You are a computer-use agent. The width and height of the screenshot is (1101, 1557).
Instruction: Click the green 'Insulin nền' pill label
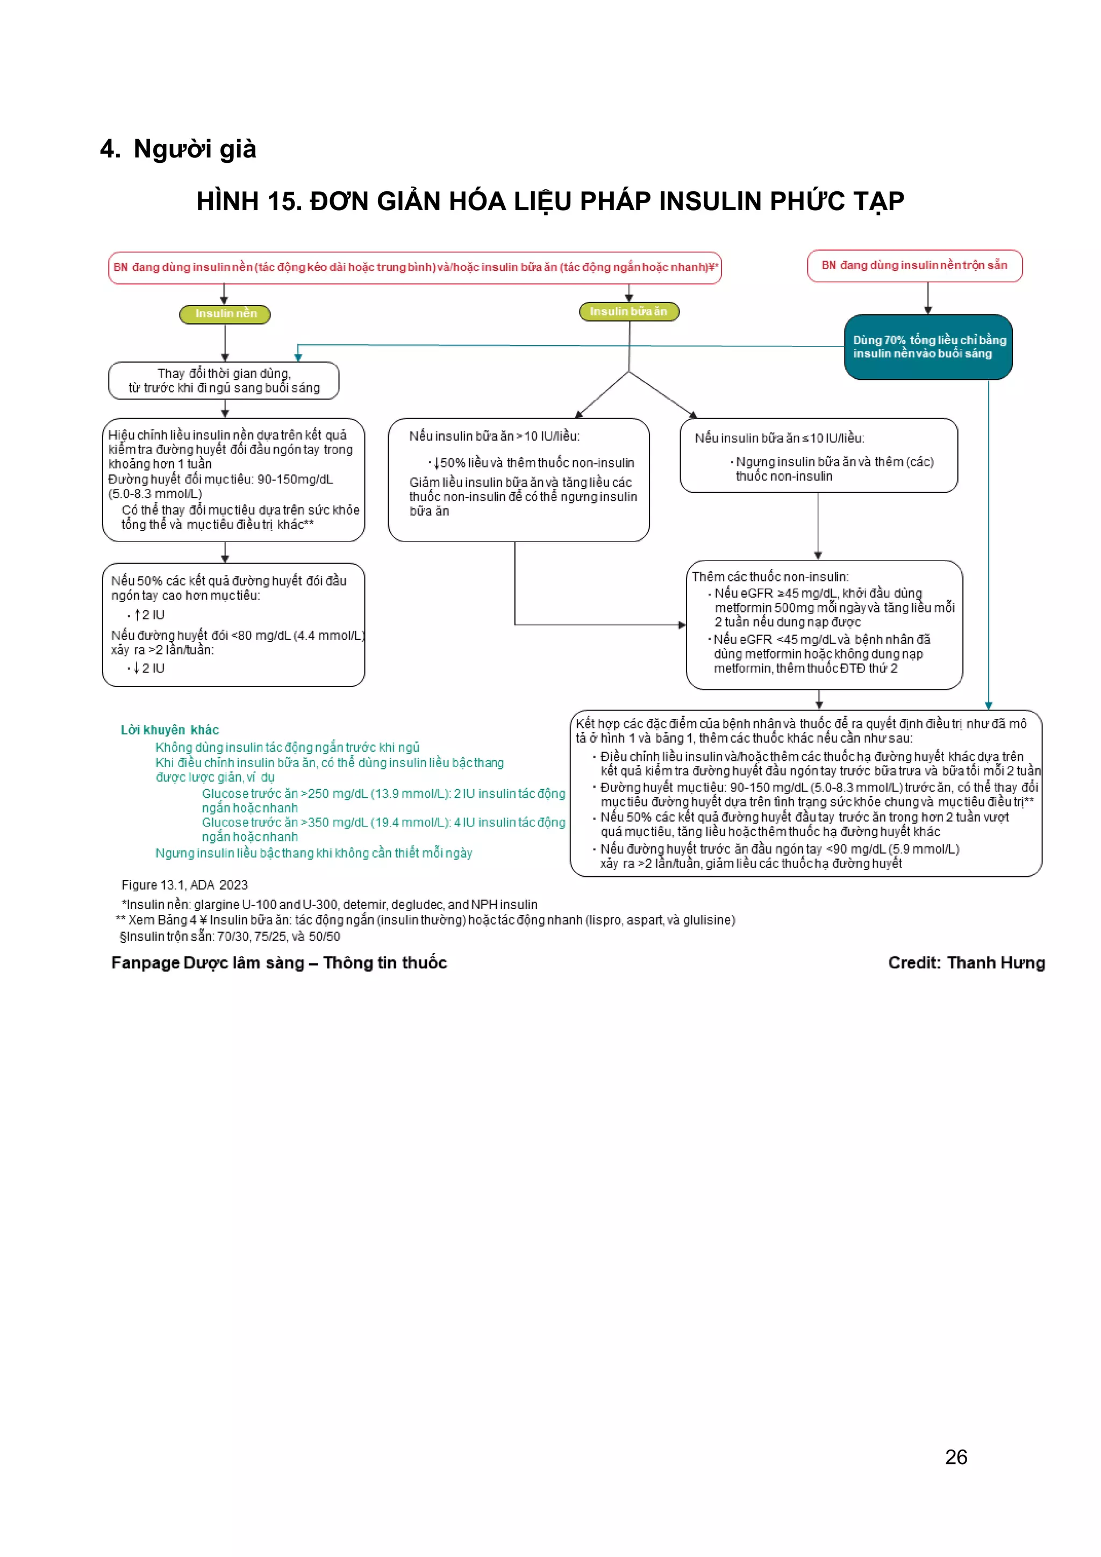tap(225, 314)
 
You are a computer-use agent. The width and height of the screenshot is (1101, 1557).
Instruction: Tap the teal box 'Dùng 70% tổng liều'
tap(928, 347)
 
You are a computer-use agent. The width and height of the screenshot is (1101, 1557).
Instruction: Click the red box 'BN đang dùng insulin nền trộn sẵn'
tap(914, 266)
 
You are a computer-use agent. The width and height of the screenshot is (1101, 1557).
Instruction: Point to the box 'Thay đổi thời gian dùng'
tap(224, 380)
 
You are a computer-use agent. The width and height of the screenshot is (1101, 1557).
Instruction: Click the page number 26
tap(956, 1457)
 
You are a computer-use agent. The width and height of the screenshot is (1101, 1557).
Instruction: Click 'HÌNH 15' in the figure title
tap(248, 201)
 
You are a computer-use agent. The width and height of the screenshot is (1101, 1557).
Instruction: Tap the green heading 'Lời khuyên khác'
tap(169, 730)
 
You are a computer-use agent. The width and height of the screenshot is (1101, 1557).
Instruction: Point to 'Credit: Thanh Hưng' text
tap(966, 962)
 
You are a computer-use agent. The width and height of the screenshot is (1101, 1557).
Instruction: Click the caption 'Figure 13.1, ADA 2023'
tap(184, 885)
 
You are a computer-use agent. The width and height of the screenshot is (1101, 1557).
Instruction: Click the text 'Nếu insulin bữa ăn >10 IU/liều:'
tap(494, 437)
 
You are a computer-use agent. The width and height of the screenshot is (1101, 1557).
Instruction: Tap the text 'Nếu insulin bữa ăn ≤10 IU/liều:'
tap(779, 438)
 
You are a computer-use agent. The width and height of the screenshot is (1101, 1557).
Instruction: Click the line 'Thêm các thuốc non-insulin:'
tap(770, 577)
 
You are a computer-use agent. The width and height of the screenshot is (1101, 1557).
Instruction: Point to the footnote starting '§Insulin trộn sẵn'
tap(230, 936)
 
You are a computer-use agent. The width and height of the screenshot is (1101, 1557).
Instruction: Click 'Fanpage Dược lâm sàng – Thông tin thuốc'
tap(279, 962)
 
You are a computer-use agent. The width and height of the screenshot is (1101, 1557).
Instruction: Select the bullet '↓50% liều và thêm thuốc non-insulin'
tap(533, 463)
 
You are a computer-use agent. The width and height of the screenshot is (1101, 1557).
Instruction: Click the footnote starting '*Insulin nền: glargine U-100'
tap(329, 905)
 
